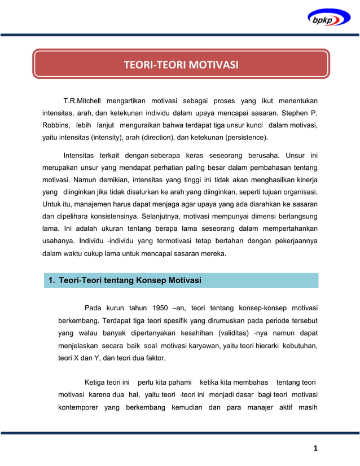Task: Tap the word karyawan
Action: pyautogui.click(x=218, y=345)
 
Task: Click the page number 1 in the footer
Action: pyautogui.click(x=316, y=449)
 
